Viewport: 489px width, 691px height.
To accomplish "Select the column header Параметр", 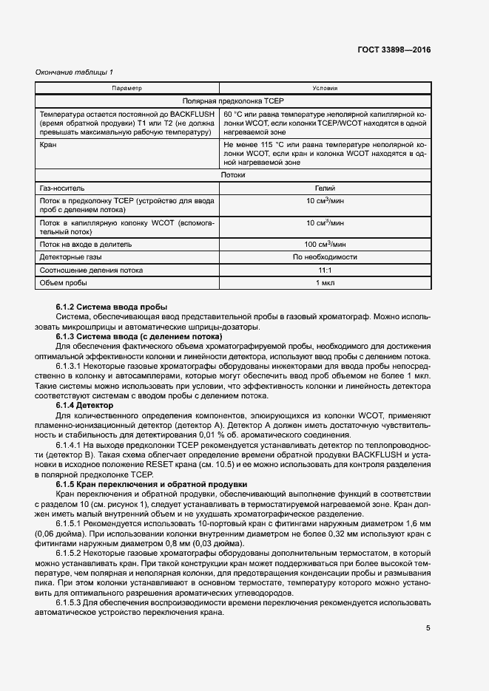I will coord(127,88).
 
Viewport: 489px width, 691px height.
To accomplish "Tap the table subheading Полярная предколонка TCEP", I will coord(233,101).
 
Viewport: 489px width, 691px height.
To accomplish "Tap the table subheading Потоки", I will coord(233,175).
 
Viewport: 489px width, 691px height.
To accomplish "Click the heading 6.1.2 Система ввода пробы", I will coord(111,307).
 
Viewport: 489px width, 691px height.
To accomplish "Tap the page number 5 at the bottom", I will coord(428,628).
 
